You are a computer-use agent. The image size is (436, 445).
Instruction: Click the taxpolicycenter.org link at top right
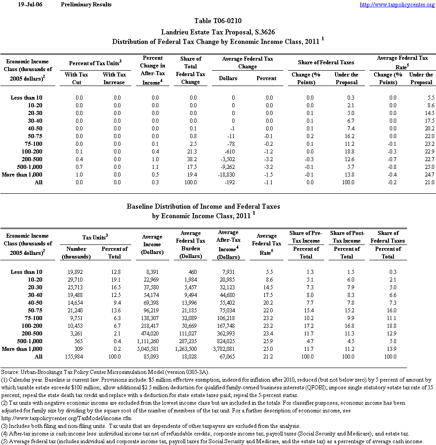(397, 5)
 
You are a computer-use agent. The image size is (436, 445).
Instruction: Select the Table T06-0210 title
(218, 21)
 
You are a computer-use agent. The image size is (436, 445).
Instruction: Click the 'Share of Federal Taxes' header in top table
(326, 62)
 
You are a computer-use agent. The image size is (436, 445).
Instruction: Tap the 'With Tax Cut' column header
(76, 78)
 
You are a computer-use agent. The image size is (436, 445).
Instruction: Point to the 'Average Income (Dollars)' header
(152, 244)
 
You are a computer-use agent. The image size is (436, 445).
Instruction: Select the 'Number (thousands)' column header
(76, 253)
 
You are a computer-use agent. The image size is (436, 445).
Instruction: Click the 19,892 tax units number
(76, 272)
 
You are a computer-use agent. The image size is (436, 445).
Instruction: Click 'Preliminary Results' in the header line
(86, 5)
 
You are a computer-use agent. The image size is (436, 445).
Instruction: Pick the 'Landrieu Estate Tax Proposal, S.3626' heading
(218, 32)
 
